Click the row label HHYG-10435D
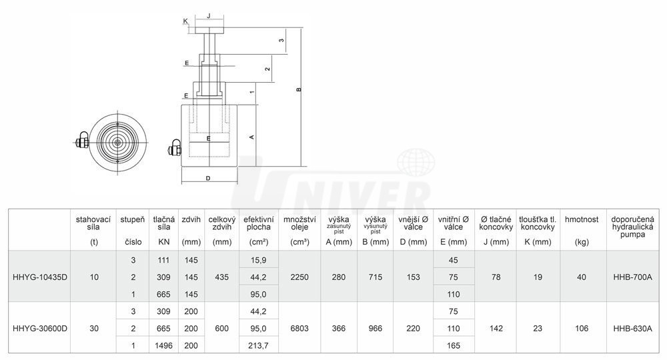point(40,277)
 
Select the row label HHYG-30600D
point(40,328)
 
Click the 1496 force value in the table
point(164,345)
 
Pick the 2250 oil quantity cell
point(299,277)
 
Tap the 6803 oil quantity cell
point(299,328)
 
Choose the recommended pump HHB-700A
point(632,277)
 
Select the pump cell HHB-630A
point(632,328)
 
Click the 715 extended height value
point(375,277)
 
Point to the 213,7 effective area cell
point(258,345)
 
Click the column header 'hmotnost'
point(582,219)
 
